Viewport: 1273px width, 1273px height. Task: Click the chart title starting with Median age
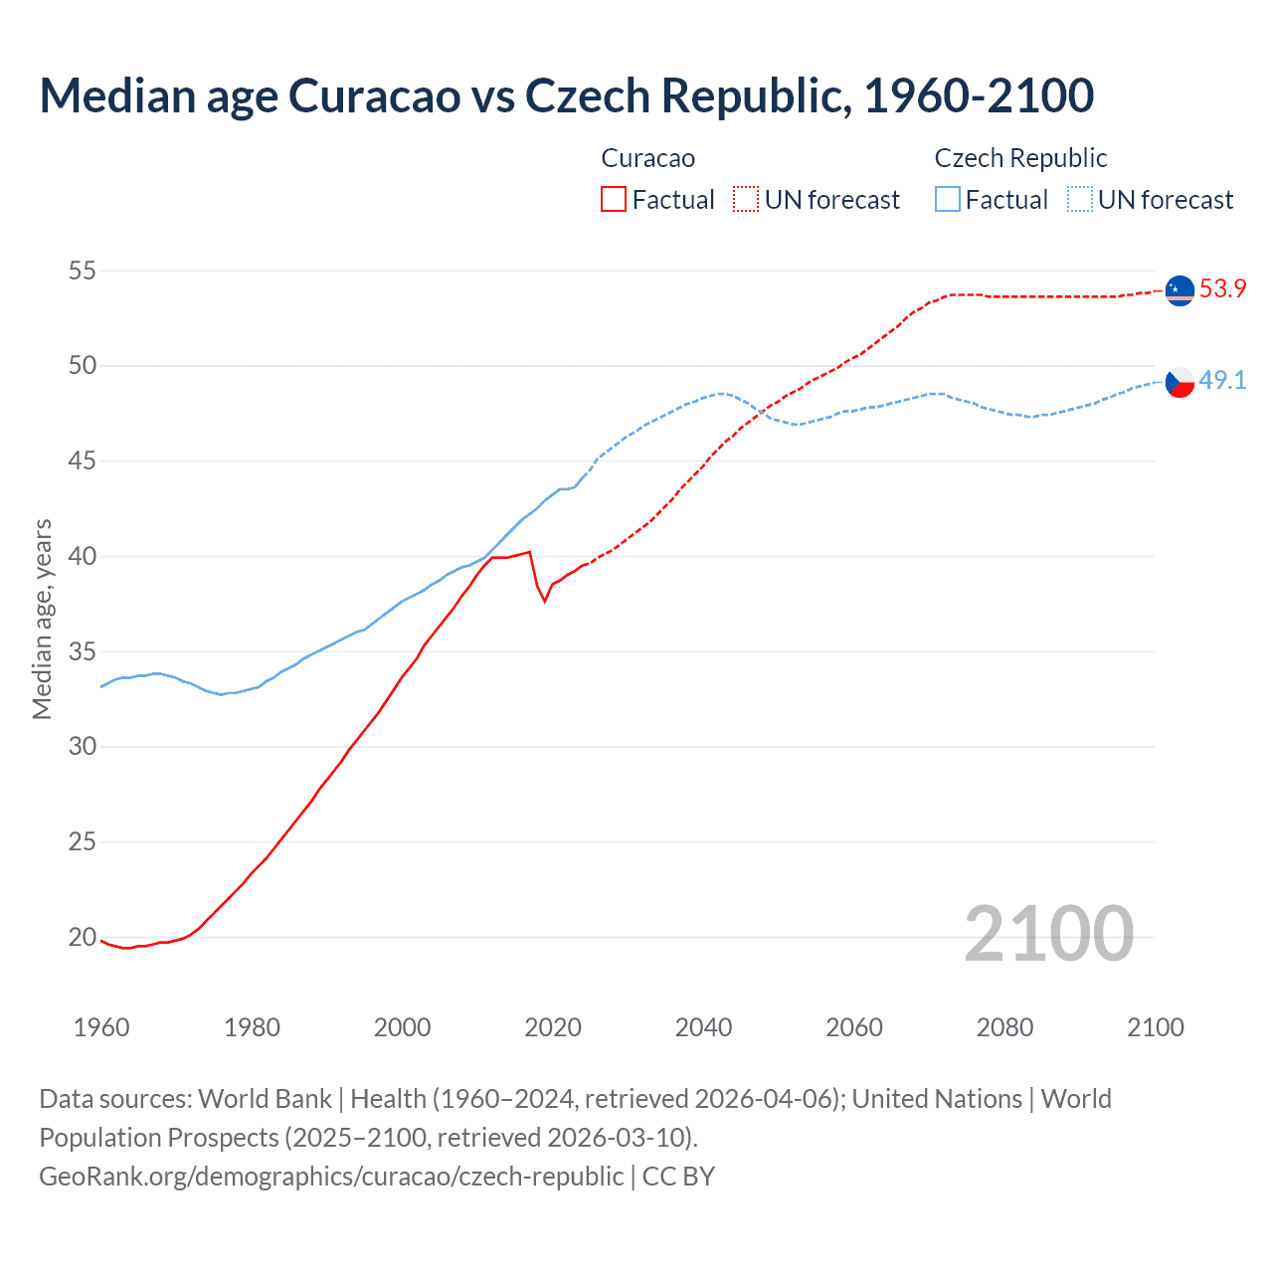point(567,95)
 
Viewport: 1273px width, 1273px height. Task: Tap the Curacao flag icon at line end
point(1180,290)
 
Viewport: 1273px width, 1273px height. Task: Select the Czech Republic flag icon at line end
point(1180,382)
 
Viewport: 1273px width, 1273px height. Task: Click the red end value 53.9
point(1222,289)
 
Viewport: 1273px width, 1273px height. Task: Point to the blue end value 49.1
point(1222,381)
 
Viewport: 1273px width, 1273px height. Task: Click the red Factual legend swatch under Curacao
point(614,200)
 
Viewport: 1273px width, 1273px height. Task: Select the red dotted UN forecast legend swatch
point(746,200)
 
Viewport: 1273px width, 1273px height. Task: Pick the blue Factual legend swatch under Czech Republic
point(948,200)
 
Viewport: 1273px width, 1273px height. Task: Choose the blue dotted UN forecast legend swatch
point(1080,200)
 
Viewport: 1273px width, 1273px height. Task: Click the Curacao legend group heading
point(647,158)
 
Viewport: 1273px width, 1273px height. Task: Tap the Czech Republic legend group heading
point(1020,158)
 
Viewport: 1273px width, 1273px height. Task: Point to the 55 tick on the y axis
point(83,271)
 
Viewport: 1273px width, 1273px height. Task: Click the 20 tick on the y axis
point(83,937)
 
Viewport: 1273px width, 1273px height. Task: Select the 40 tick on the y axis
point(83,556)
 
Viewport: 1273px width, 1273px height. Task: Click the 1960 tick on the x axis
point(101,1027)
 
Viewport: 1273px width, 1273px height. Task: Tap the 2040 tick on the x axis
point(703,1027)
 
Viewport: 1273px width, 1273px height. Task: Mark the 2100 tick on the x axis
point(1155,1027)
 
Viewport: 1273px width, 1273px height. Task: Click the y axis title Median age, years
point(42,619)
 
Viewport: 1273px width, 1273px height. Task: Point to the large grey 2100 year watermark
point(1048,933)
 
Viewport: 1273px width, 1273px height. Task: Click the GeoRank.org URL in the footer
point(331,1176)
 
